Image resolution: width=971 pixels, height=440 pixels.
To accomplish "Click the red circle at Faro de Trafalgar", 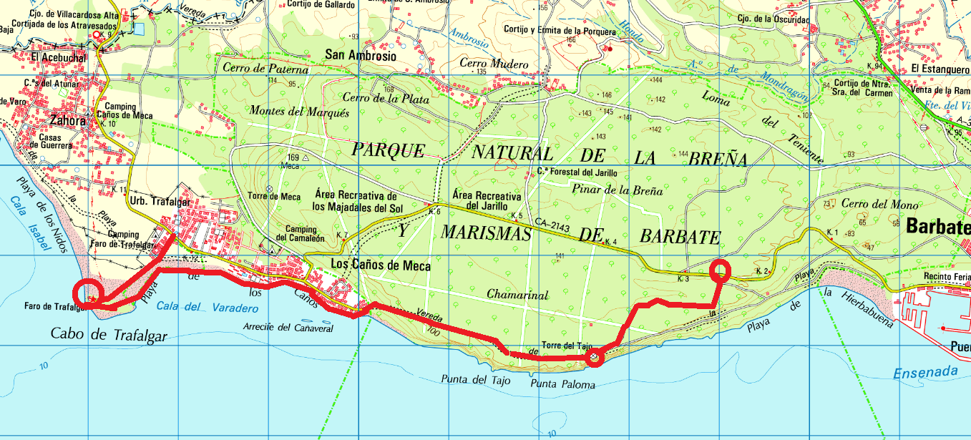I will tap(89, 293).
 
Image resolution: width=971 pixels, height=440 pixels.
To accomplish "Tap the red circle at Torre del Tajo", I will tap(594, 358).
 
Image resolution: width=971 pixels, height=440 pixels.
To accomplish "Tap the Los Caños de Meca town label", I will tap(381, 265).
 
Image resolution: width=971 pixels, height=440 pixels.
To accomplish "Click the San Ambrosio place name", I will tap(360, 54).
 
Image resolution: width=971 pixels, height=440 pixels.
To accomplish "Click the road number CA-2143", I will tap(552, 227).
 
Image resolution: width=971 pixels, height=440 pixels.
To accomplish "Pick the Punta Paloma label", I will tap(562, 385).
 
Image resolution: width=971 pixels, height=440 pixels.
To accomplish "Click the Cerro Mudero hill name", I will tap(494, 64).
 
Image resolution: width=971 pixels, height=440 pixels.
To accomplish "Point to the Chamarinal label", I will tap(517, 294).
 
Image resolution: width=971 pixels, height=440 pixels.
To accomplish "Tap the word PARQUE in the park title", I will tap(389, 150).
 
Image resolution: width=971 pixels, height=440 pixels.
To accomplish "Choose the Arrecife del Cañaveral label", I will tap(288, 328).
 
